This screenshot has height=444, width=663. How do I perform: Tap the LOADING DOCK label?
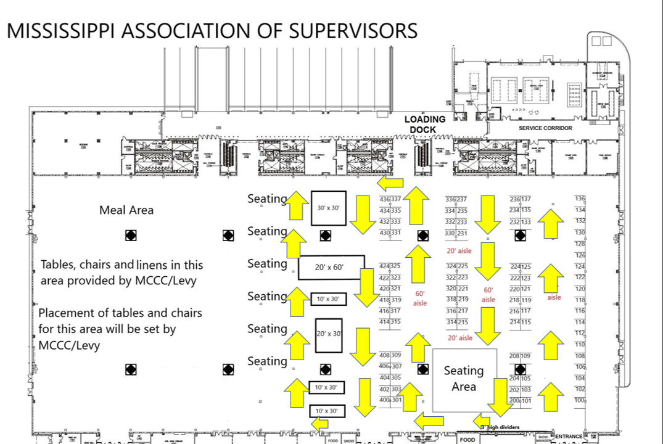pos(424,124)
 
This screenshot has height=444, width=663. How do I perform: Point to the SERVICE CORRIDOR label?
pos(545,128)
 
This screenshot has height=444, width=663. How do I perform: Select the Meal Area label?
pos(126,210)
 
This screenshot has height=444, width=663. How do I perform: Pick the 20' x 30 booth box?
pos(329,334)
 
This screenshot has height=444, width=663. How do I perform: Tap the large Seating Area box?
pos(464,379)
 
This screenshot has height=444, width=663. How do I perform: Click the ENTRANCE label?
pos(569,437)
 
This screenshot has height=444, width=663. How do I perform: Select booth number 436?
pos(385,199)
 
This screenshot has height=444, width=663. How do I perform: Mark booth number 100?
pos(579,401)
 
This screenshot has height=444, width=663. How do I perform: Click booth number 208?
pos(514,356)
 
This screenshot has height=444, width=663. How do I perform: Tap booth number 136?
pos(579,199)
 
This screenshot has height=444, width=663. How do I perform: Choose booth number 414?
pos(385,322)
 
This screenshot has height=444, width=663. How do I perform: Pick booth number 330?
pos(451,233)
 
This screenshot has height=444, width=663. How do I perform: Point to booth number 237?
pos(462,199)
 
